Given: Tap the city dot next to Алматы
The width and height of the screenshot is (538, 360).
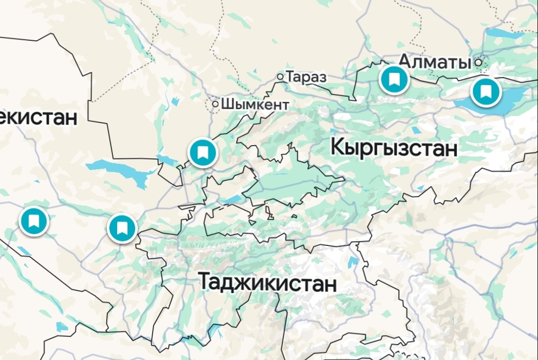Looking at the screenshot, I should (478, 62).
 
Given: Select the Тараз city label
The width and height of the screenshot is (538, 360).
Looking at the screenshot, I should (306, 77).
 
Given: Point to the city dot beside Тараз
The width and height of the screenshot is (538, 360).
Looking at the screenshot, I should (281, 77).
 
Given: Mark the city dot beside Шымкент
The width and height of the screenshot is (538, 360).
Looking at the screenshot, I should (215, 104).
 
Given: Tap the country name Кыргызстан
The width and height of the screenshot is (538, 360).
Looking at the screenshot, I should (394, 147).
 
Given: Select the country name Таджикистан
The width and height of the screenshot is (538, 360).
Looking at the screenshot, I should (268, 283).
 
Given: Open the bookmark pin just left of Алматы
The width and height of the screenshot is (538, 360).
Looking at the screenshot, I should (394, 79).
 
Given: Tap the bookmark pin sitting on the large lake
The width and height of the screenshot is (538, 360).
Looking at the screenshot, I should (485, 91).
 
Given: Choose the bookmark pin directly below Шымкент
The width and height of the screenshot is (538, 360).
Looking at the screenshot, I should (203, 152).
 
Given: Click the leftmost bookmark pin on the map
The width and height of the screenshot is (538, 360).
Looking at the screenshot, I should (34, 221).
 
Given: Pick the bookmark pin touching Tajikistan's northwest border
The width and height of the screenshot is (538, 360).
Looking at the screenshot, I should (122, 228).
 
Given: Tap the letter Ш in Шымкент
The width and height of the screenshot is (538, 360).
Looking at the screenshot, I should (227, 105).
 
